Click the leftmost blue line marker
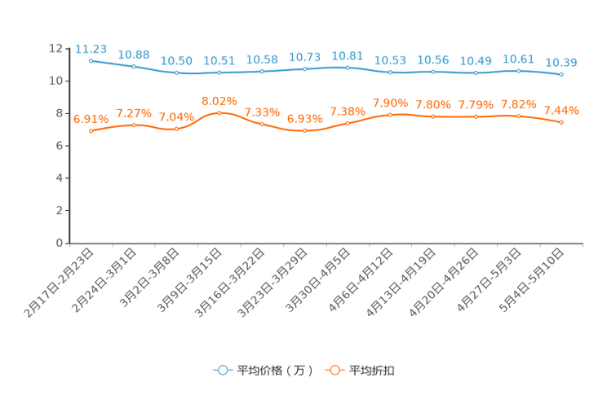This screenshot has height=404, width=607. coord(91,60)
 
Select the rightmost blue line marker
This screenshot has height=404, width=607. coord(561,75)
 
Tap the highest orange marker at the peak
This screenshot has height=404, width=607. coord(219,113)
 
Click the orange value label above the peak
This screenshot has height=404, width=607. coord(219,101)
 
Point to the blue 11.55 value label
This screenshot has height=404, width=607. coord(91,48)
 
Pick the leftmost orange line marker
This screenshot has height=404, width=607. coord(91,131)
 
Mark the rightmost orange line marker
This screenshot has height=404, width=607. coord(561,123)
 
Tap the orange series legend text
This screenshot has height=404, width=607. coord(373,371)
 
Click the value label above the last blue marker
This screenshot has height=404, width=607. coord(561,62)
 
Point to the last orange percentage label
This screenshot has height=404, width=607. coord(561,110)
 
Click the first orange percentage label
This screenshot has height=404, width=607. coord(91,119)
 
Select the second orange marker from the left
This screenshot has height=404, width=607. coord(133,125)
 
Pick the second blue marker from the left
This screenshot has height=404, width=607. coord(133,66)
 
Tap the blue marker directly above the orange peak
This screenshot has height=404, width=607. coord(219,73)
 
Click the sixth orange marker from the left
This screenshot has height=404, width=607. coord(304,131)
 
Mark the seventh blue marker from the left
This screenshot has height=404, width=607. coord(348,68)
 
